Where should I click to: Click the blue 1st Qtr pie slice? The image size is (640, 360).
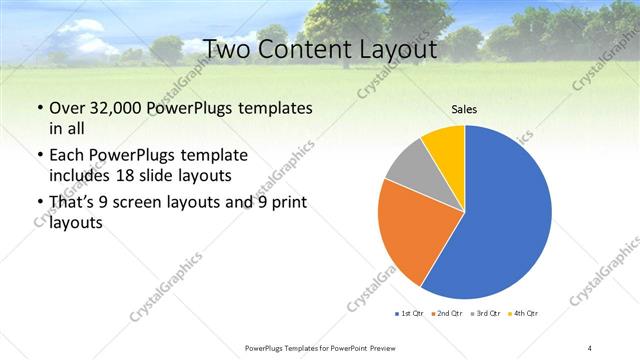point(510,220)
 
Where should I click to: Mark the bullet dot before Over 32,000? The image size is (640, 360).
point(39,107)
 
